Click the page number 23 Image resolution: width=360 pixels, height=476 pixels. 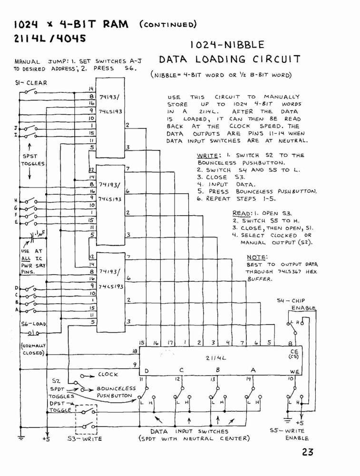coord(307,452)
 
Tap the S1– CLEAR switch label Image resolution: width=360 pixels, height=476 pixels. coord(31,83)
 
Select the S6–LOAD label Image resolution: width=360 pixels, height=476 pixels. coord(33,324)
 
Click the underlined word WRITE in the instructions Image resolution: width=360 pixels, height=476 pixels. coord(207,156)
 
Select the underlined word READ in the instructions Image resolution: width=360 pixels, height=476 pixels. coord(242,213)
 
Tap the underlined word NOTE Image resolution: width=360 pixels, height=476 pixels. coord(257,258)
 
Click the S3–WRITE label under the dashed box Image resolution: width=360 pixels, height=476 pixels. coord(85,439)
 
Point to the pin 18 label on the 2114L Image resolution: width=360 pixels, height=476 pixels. coord(135,351)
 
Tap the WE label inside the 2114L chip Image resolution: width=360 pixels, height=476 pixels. coord(294,372)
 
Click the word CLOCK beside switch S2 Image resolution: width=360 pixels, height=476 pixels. coord(107,375)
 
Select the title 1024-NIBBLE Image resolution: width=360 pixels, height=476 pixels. coord(227,45)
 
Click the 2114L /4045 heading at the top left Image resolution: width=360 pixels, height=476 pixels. coord(50,39)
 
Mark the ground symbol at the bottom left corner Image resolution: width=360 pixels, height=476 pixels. coord(21,437)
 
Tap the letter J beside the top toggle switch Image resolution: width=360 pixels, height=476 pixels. coord(16,128)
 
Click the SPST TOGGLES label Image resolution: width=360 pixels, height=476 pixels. coord(32,160)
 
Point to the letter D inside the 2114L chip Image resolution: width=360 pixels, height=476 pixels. coord(147,371)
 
